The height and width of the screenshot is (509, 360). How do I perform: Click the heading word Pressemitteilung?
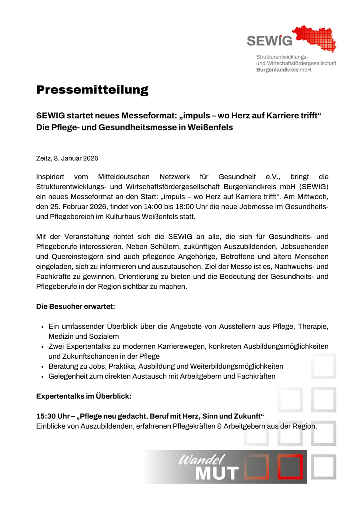pyautogui.click(x=92, y=90)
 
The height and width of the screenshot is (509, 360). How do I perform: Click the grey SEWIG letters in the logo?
pyautogui.click(x=269, y=40)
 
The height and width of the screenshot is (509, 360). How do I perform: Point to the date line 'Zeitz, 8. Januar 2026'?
pyautogui.click(x=67, y=158)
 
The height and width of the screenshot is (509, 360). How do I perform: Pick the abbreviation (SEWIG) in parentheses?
pyautogui.click(x=313, y=187)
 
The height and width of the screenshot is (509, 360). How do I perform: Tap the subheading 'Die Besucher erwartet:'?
pyautogui.click(x=76, y=307)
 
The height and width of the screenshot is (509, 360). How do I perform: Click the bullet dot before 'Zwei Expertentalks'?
pyautogui.click(x=42, y=347)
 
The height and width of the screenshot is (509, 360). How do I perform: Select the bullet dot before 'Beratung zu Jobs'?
pyautogui.click(x=42, y=367)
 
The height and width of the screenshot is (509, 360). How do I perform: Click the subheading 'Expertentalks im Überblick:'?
pyautogui.click(x=84, y=396)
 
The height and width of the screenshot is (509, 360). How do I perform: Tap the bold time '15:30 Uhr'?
pyautogui.click(x=51, y=416)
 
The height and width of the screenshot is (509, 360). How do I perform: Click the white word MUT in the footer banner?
pyautogui.click(x=216, y=473)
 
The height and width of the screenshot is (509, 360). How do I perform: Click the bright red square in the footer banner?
pyautogui.click(x=290, y=467)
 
